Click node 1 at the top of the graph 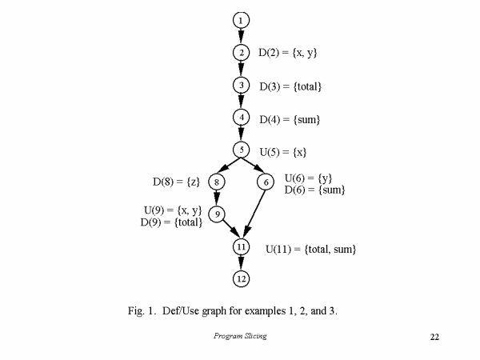click(242, 21)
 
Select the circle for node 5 click(242, 150)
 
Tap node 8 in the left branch click(217, 182)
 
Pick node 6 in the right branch click(266, 182)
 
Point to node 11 click(242, 246)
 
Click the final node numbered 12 click(242, 279)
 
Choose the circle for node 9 click(217, 214)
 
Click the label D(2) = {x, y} click(288, 53)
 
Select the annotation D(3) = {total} click(290, 86)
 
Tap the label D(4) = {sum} click(290, 119)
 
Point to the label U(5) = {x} click(283, 152)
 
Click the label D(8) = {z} click(176, 182)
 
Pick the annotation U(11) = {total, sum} click(311, 249)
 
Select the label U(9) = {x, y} click(173, 210)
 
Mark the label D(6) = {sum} click(314, 190)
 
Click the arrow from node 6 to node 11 click(255, 214)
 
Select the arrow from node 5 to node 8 click(230, 164)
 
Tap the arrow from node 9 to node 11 click(230, 229)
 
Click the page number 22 click(434, 337)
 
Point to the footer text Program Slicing click(240, 336)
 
